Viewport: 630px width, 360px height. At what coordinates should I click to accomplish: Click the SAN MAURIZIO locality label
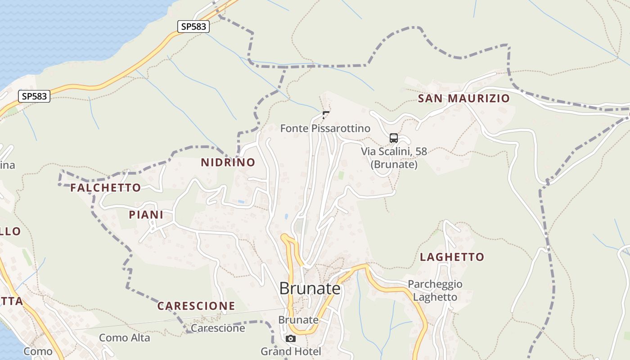click(464, 99)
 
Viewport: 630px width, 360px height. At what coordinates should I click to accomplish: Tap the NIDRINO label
click(228, 162)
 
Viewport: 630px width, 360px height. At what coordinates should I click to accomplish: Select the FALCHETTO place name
click(106, 188)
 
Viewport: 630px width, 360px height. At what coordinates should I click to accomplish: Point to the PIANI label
click(146, 215)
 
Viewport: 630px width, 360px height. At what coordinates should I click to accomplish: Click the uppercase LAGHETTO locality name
click(452, 257)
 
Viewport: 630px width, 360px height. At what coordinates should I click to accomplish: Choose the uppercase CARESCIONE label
click(196, 306)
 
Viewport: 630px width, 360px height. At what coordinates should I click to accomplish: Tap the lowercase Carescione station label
click(218, 328)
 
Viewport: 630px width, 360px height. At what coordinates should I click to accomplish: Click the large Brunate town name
click(310, 288)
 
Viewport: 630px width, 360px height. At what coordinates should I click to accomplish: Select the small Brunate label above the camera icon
click(298, 320)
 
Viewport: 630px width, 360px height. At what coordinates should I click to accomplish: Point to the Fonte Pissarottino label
click(325, 129)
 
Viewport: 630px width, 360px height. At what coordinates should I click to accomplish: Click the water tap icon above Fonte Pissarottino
click(326, 115)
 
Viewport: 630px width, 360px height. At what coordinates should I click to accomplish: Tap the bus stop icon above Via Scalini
click(394, 138)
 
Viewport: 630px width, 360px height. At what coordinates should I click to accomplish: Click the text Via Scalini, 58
click(394, 152)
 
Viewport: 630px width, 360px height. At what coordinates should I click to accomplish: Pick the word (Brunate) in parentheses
click(394, 165)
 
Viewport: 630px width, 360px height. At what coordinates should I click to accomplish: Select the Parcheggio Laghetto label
click(435, 291)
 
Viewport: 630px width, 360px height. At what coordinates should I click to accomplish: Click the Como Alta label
click(125, 337)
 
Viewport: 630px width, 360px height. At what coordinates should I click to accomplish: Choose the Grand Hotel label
click(291, 351)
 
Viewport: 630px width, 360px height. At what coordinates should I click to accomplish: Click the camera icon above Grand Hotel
click(291, 338)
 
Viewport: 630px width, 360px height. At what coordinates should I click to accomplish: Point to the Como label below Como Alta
click(38, 351)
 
